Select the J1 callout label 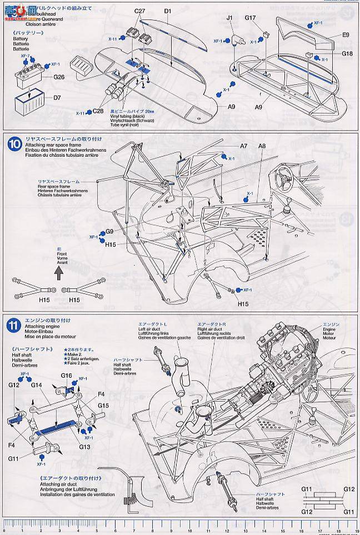(x=229, y=18)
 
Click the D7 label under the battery (x=57, y=98)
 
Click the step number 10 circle (x=14, y=144)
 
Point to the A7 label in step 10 (x=243, y=146)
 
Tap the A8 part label (x=262, y=146)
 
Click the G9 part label (x=109, y=231)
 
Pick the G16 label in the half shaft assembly (x=67, y=376)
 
